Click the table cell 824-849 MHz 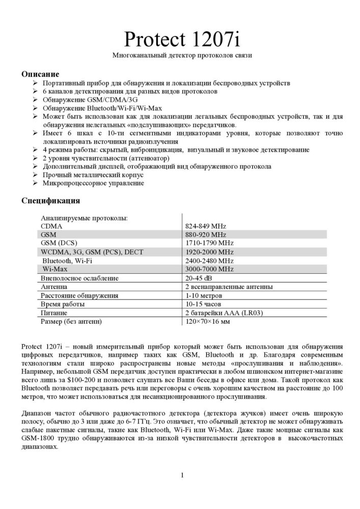(x=205, y=226)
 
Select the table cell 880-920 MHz (x=205, y=235)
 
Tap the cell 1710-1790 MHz (x=209, y=243)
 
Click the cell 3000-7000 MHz (x=209, y=269)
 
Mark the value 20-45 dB (x=199, y=278)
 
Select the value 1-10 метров (x=203, y=295)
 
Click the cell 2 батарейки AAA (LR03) (x=224, y=313)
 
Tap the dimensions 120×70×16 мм (x=207, y=322)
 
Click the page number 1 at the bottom (x=182, y=475)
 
